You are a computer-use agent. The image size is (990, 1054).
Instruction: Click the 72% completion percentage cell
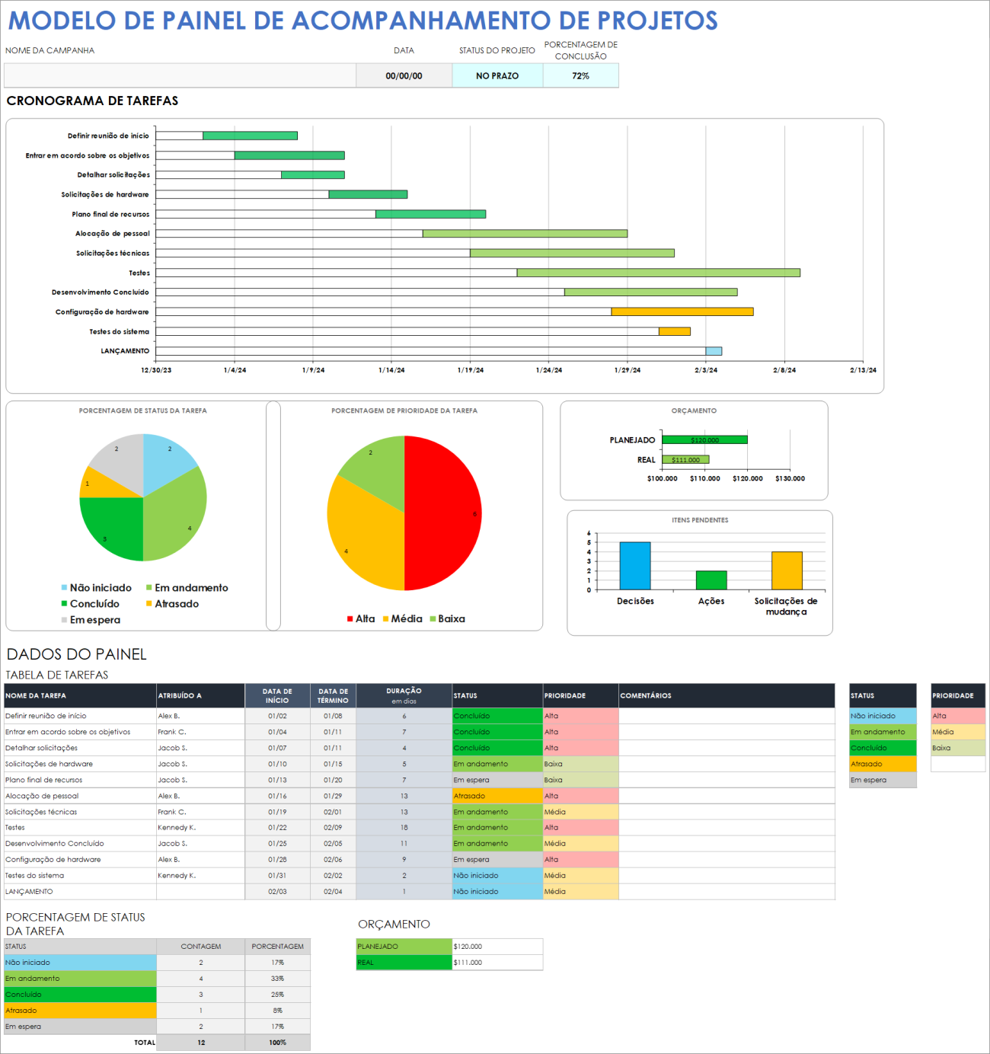[x=580, y=76]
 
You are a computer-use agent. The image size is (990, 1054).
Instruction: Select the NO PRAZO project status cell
[x=497, y=76]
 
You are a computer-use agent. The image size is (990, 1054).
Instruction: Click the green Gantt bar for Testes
[x=658, y=273]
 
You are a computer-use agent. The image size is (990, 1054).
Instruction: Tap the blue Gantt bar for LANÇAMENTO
[x=714, y=351]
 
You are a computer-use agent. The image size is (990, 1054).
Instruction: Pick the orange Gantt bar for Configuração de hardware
[x=682, y=311]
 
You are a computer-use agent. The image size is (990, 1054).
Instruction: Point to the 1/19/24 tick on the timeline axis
[x=470, y=370]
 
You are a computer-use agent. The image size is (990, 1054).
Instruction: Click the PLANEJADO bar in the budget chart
[x=704, y=440]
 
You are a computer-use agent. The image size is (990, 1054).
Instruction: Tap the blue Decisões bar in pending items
[x=635, y=565]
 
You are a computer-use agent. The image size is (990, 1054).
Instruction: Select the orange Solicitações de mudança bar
[x=787, y=570]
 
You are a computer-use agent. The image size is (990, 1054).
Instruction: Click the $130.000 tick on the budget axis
[x=790, y=479]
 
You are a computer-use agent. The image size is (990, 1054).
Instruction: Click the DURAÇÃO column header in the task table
[x=404, y=695]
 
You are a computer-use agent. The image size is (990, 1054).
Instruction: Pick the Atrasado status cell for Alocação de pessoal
[x=497, y=796]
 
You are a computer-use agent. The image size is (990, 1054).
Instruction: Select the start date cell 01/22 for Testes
[x=277, y=828]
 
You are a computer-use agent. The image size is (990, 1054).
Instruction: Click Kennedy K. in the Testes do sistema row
[x=177, y=876]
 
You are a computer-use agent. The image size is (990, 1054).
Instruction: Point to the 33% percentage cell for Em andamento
[x=277, y=979]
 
